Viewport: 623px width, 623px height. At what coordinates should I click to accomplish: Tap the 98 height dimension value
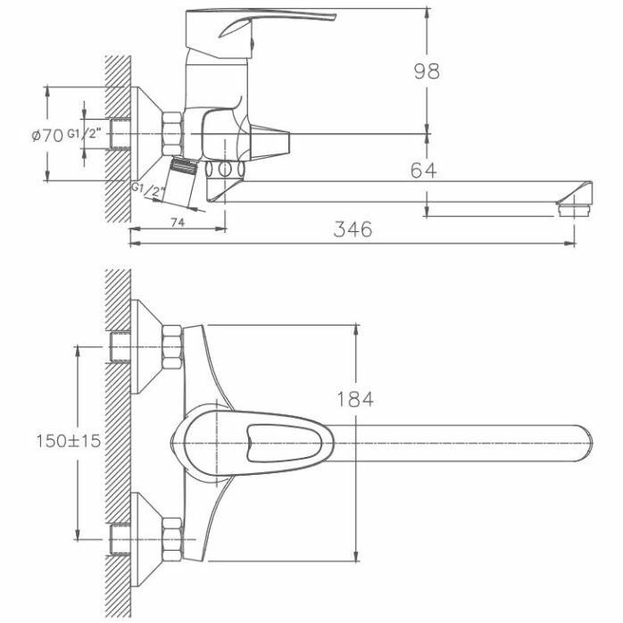[x=428, y=71]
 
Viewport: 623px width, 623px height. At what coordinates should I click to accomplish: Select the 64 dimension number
[x=424, y=170]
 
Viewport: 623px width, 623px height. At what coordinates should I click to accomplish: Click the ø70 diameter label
[x=46, y=136]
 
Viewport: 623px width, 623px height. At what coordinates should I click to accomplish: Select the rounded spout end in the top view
[x=580, y=440]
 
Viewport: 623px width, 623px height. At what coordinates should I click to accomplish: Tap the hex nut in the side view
[x=171, y=133]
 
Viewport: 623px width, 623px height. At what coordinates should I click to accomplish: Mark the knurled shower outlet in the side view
[x=184, y=168]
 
